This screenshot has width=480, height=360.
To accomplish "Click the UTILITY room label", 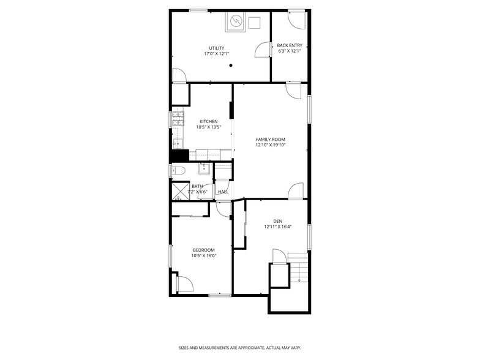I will coord(216,48).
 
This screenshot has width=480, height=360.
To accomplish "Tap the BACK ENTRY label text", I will coord(289,45).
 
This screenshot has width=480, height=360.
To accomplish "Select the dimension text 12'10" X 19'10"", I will coord(270,145).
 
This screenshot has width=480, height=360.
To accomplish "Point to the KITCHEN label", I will coord(208,121).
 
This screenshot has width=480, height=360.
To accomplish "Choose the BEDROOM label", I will coord(203,250).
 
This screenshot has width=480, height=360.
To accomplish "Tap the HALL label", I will coord(223,192).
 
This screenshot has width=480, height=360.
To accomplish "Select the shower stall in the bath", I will coord(179,192).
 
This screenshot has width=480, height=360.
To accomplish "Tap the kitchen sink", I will coord(177,144).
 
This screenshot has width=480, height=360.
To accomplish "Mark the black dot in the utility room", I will coord(231,65).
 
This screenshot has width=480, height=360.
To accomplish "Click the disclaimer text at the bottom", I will coord(239,347).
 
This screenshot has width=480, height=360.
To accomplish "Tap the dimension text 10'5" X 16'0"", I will coord(203,256).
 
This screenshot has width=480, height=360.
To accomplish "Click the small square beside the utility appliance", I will coord(255,23).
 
